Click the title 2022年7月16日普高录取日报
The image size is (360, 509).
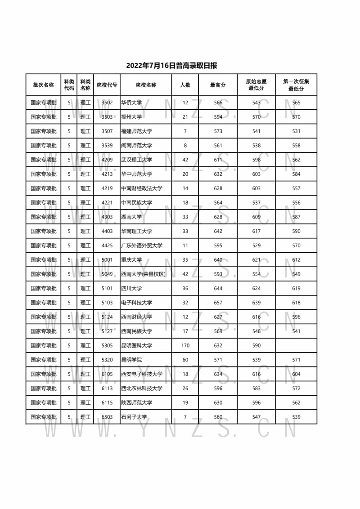(x=171, y=66)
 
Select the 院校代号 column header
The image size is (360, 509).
(x=107, y=85)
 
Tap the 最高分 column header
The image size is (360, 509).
(x=218, y=85)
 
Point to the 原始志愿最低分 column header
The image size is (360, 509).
(x=256, y=85)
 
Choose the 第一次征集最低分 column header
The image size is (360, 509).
(x=296, y=85)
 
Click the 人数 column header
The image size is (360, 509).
(x=185, y=85)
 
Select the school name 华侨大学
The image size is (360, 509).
(x=131, y=103)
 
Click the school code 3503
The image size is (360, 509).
(x=107, y=117)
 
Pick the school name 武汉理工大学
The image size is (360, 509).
(x=137, y=160)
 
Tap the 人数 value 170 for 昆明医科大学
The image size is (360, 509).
(x=185, y=345)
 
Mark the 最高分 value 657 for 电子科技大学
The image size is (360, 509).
(x=218, y=303)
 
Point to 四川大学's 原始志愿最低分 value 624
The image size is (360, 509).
(x=256, y=288)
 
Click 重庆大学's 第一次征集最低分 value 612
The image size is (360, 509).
(x=296, y=259)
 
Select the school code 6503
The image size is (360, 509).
(x=107, y=417)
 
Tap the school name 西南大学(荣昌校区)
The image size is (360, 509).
(x=144, y=274)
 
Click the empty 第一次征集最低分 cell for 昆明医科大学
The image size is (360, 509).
(x=296, y=345)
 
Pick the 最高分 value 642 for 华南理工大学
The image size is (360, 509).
(x=218, y=231)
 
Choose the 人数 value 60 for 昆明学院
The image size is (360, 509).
(x=185, y=360)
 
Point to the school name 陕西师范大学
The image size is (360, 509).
(x=137, y=402)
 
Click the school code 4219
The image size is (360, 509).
(x=107, y=188)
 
